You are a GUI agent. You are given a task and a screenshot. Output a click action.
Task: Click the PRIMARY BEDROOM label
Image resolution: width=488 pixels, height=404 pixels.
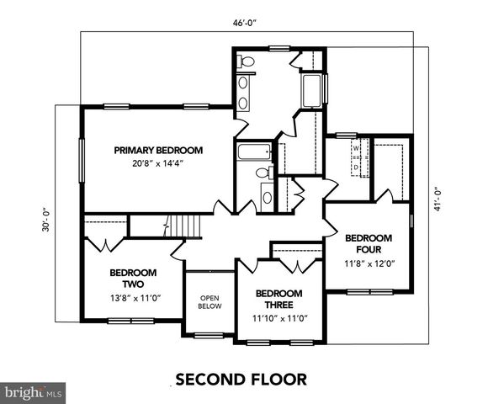click(x=159, y=150)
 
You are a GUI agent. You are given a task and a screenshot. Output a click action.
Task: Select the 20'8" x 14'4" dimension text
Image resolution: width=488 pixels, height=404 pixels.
click(x=159, y=163)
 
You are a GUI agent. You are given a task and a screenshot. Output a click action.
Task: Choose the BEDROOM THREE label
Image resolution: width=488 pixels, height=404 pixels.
click(x=278, y=299)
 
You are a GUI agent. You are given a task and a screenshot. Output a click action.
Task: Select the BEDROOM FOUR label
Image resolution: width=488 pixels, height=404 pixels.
click(x=369, y=243)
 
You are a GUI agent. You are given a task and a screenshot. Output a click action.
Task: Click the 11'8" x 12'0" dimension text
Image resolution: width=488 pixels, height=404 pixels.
click(x=369, y=263)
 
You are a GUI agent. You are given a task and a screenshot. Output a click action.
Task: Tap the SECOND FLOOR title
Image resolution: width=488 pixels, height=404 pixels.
click(x=241, y=379)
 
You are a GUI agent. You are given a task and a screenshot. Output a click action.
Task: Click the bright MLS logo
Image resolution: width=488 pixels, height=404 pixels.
click(x=33, y=392)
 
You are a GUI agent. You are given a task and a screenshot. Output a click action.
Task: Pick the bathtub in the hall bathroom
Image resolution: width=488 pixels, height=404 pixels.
click(x=252, y=151)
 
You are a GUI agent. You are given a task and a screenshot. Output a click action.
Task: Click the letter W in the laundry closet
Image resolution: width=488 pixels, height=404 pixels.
click(x=356, y=148)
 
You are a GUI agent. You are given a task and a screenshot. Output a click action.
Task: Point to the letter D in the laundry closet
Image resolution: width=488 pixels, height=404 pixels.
click(x=356, y=167)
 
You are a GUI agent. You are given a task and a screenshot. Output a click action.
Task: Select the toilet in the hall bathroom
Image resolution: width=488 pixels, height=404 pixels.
click(x=263, y=173)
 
